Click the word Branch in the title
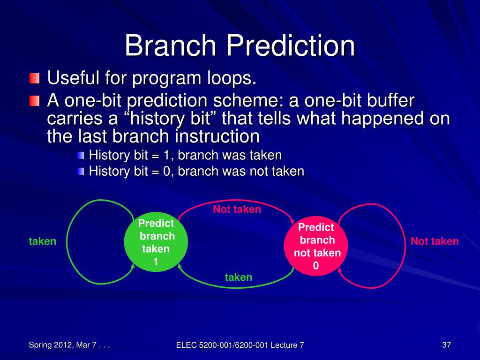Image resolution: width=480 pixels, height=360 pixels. tap(171, 45)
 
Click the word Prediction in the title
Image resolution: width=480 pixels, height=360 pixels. tap(291, 45)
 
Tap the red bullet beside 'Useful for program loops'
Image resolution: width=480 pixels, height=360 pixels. tap(35, 78)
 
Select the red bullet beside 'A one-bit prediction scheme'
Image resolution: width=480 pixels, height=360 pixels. tap(35, 101)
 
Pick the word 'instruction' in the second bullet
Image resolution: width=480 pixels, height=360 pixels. tap(217, 136)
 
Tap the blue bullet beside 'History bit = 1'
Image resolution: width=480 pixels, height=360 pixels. tap(81, 155)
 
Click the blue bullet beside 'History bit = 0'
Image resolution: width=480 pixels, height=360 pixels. tap(81, 171)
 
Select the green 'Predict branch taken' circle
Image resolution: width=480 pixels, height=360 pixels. tap(156, 242)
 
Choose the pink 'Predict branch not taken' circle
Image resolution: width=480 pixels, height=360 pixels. tap(316, 246)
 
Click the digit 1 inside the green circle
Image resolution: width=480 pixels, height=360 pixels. tap(156, 262)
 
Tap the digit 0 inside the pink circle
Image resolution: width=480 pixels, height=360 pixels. tap(316, 265)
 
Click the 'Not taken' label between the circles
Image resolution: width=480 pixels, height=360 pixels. tap(237, 210)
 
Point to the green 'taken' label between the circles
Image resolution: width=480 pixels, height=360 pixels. tap(239, 277)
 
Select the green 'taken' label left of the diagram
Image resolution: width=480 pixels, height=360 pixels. tap(43, 241)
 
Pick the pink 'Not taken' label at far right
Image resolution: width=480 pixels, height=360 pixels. tap(435, 241)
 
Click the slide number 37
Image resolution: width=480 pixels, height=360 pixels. tap(447, 345)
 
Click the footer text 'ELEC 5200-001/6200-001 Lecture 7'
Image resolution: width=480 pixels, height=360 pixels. tap(240, 345)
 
